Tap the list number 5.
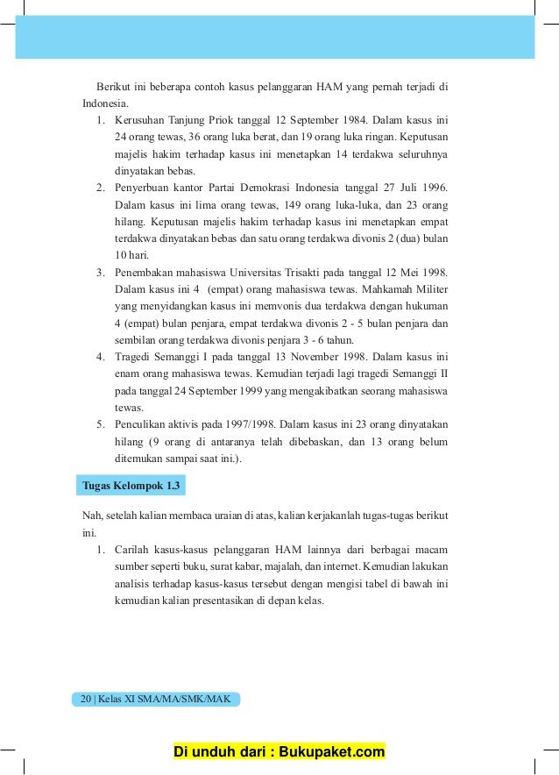pos(101,423)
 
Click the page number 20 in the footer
pos(85,699)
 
